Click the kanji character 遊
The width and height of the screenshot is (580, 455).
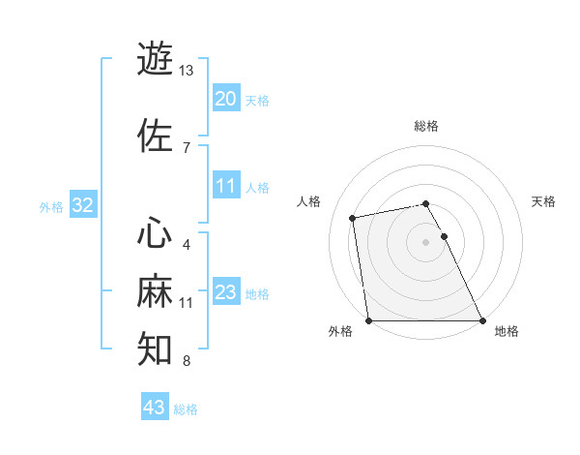pyautogui.click(x=155, y=58)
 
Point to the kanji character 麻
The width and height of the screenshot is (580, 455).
pyautogui.click(x=155, y=291)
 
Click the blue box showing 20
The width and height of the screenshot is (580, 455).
pyautogui.click(x=225, y=99)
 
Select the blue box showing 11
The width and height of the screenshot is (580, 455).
pyautogui.click(x=225, y=187)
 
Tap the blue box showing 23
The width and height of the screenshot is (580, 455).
pyautogui.click(x=225, y=293)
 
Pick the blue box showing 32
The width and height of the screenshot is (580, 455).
pyautogui.click(x=82, y=205)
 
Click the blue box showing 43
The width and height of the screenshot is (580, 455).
pyautogui.click(x=155, y=408)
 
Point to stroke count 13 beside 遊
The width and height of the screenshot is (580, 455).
pyautogui.click(x=186, y=71)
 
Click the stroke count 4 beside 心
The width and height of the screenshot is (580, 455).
pyautogui.click(x=186, y=244)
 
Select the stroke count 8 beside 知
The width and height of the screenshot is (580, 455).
pyautogui.click(x=186, y=361)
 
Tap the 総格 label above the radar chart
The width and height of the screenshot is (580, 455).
pyautogui.click(x=426, y=126)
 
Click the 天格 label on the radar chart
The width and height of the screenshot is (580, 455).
pyautogui.click(x=543, y=201)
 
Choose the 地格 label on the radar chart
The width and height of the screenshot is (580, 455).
pyautogui.click(x=507, y=332)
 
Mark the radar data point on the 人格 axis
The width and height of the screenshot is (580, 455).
pyautogui.click(x=354, y=217)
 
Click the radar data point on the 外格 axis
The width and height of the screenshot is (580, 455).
pyautogui.click(x=368, y=320)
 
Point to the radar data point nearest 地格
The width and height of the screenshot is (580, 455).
pyautogui.click(x=482, y=320)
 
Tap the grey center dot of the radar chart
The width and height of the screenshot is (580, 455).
pyautogui.click(x=425, y=242)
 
